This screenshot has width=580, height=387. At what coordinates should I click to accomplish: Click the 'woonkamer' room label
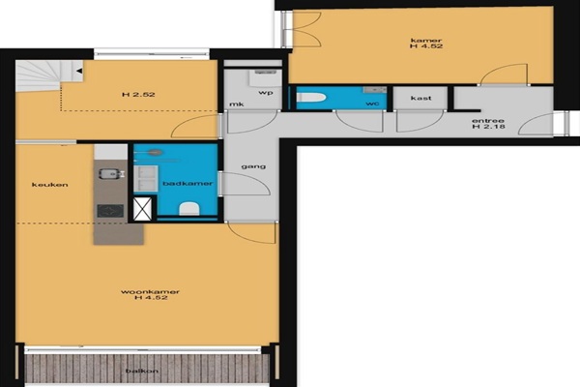pos(150,292)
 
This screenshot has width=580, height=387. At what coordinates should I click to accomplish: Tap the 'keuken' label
pos(50,185)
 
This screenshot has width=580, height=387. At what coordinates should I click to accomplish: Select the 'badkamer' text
pos(188,183)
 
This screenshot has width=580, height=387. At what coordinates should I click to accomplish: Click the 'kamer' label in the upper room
pos(426,40)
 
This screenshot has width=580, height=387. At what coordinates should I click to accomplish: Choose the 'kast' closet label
pos(420,98)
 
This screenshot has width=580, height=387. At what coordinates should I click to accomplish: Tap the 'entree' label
pos(488,121)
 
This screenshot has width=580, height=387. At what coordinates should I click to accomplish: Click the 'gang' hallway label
pos(253,166)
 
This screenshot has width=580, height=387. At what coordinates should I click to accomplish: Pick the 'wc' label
pos(372,104)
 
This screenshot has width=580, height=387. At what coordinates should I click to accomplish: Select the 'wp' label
pos(266,93)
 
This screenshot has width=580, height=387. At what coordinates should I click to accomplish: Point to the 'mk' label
pos(237,104)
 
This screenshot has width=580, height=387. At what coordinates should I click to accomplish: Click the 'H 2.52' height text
pos(138,95)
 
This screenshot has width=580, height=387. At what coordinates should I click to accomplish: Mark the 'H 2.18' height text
pos(488,127)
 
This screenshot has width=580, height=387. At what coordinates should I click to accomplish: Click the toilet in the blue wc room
pos(311,98)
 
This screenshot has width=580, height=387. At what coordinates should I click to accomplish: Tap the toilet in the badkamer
pos(189,209)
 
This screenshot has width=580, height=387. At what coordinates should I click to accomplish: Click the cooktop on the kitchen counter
pos(110,211)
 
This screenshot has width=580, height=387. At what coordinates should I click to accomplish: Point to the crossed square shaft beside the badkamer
pos(142,209)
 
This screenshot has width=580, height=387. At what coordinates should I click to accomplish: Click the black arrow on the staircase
pos(79,71)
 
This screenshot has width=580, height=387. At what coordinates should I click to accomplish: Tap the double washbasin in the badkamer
pos(146,178)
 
